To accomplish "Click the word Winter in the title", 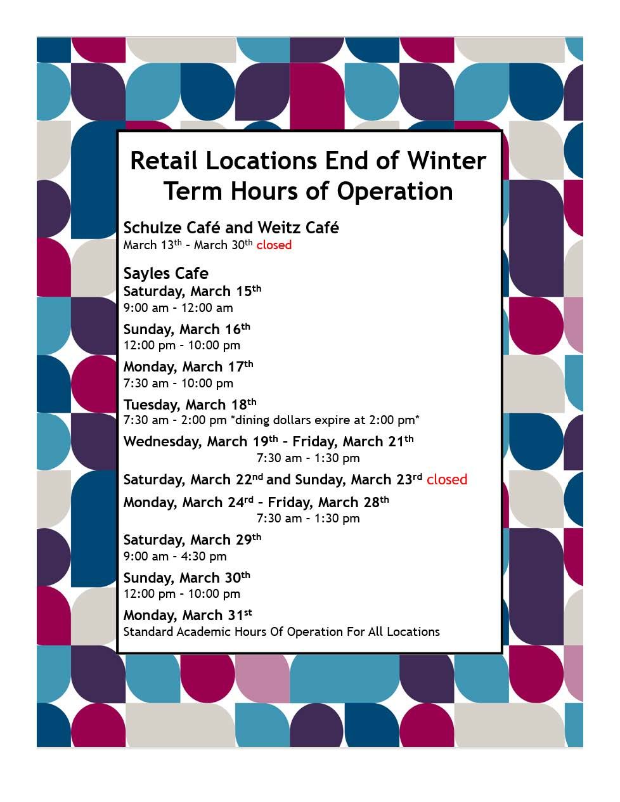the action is tap(446, 161).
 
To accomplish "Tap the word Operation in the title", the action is tap(394, 192).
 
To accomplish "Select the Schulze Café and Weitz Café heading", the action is tap(231, 228).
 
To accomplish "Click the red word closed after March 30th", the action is tap(274, 245).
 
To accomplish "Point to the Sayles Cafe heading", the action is tap(165, 274).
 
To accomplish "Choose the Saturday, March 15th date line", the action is tap(192, 291).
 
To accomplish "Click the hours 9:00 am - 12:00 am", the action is tap(178, 308).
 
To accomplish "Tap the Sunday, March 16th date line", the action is tap(187, 329).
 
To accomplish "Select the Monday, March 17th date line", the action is tap(188, 366).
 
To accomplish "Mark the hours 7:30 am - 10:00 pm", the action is tap(178, 383).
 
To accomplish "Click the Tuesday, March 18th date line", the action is tap(190, 404).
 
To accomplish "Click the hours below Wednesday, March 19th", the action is tap(308, 458).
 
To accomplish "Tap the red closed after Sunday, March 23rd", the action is tap(447, 479).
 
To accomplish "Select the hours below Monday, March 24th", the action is tap(308, 518).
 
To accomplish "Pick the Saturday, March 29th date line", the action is tap(192, 540).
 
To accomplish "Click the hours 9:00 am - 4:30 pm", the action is tap(175, 556).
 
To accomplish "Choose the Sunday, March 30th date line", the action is tap(187, 578).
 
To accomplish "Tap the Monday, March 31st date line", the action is tap(188, 615).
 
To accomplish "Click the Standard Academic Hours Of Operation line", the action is tap(281, 632).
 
